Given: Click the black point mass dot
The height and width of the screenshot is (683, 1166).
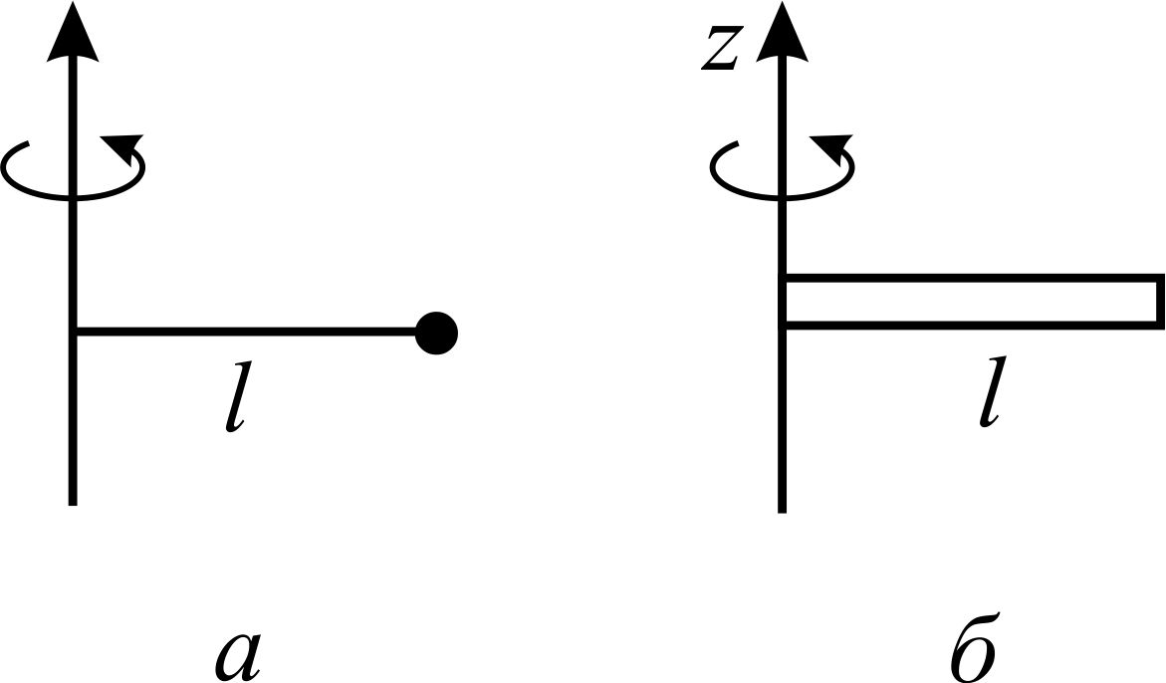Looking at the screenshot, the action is point(436,333).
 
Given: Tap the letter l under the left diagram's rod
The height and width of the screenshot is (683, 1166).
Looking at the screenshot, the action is point(237,397).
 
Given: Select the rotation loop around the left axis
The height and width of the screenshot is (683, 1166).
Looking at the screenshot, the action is point(73,198).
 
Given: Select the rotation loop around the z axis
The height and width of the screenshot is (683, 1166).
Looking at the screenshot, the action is point(782,198).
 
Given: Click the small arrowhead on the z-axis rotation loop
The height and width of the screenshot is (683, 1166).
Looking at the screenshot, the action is point(832,148).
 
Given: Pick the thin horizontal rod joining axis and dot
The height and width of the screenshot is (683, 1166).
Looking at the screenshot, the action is point(245,333).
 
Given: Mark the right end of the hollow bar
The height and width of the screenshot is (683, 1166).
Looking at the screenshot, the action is point(1161,301).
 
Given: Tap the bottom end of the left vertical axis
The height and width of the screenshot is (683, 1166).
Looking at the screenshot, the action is point(73,505).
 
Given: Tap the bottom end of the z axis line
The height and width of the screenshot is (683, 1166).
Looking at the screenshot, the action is point(782,512).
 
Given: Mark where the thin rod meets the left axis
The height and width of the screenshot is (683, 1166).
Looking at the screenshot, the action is point(73,333).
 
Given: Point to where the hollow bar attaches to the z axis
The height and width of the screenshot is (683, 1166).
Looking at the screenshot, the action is point(783,301).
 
